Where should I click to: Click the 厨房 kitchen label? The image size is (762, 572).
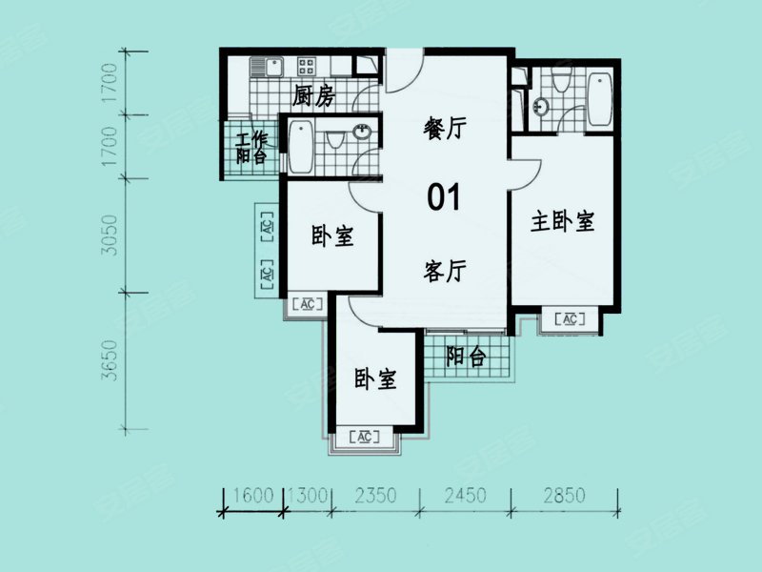(313, 95)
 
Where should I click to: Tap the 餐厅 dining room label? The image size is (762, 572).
(443, 130)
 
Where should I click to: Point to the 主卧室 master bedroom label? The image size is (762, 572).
(562, 222)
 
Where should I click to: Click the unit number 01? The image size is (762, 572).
(443, 198)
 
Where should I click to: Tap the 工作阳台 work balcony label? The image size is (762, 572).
(251, 148)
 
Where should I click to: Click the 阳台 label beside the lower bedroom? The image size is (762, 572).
(466, 357)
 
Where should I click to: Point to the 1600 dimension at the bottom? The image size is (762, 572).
(252, 496)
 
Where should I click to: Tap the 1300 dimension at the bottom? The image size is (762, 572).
(307, 496)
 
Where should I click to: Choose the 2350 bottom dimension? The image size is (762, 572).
(375, 496)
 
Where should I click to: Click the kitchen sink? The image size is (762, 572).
(264, 67)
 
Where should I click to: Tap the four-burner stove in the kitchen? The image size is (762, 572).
(307, 67)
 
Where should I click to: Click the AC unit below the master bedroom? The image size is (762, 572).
(570, 319)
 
